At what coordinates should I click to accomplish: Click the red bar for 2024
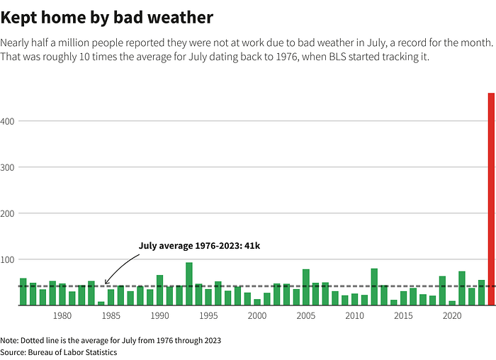[491, 199]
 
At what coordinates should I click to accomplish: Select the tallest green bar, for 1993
[189, 284]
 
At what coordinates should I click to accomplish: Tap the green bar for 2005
[306, 288]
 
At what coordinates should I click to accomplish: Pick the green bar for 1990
[159, 291]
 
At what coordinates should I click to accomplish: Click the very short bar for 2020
[452, 303]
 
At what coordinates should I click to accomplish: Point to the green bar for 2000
[257, 303]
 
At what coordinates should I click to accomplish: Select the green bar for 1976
[23, 292]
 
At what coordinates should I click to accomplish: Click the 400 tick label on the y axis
[7, 121]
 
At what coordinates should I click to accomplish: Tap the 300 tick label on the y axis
[7, 168]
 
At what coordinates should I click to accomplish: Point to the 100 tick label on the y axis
[7, 260]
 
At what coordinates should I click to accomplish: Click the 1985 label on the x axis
[111, 316]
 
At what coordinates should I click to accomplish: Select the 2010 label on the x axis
[354, 316]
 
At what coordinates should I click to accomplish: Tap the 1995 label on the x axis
[208, 316]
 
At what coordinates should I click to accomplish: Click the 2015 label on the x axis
[403, 316]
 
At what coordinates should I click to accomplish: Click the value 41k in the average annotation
[252, 246]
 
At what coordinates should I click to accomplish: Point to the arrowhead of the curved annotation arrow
[106, 283]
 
